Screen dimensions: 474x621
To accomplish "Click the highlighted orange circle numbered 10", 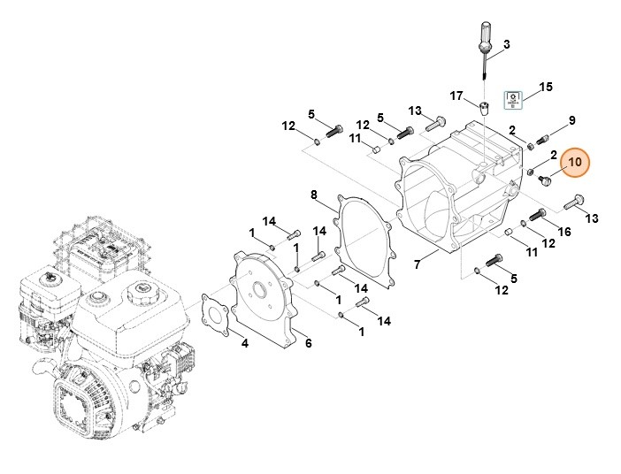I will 575,163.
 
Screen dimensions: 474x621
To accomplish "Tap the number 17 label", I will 456,96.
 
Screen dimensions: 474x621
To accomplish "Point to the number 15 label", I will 546,87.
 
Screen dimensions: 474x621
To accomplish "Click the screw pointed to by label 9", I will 542,138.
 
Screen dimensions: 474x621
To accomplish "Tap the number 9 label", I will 571,120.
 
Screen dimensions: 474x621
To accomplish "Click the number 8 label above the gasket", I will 313,194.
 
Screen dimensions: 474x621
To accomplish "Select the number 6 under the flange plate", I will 308,343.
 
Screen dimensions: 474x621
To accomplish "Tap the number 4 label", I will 245,343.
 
